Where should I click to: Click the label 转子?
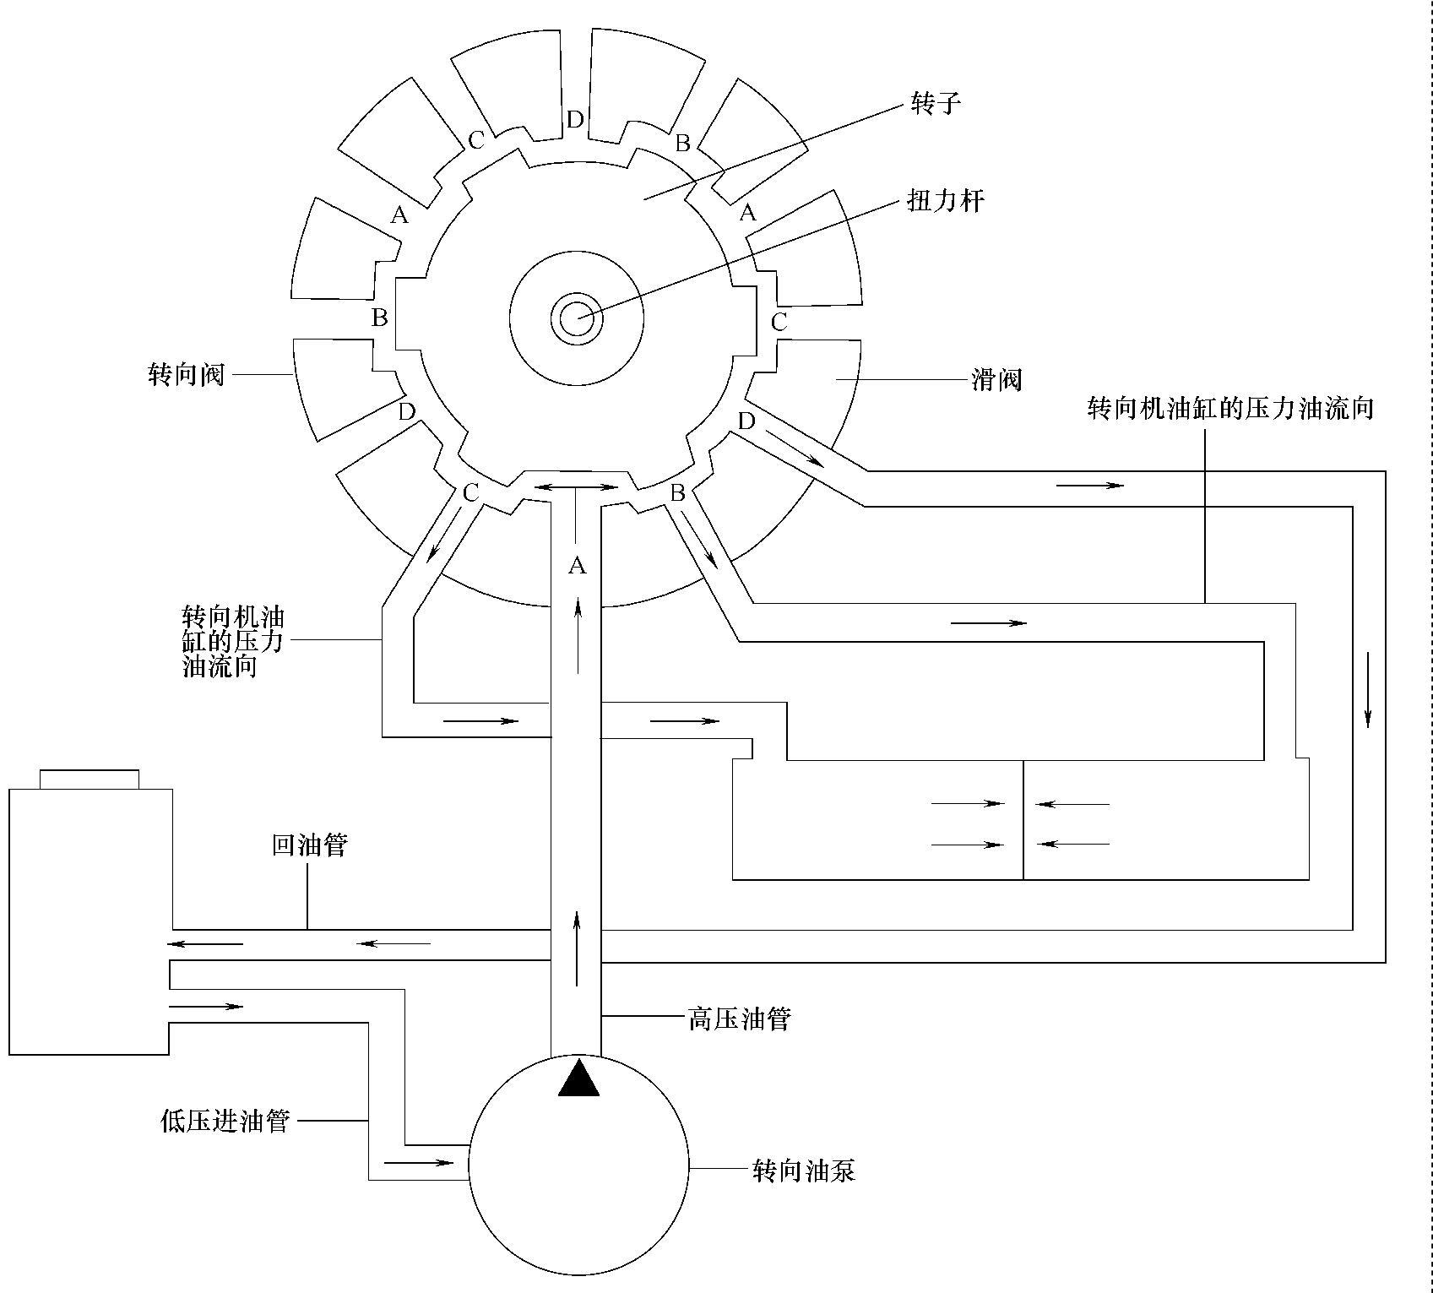tap(936, 104)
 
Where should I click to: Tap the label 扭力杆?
tap(945, 201)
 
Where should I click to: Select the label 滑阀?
tap(996, 380)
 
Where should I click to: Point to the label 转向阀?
tap(186, 374)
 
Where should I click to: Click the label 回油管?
tap(309, 845)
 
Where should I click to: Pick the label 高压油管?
tap(739, 1019)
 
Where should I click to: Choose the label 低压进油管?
tap(225, 1121)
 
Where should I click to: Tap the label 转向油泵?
tap(804, 1171)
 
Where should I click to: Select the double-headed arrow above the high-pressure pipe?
tap(578, 487)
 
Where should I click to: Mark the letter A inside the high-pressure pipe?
tap(577, 566)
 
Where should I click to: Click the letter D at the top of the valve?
tap(574, 120)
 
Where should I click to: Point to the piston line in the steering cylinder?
tap(1023, 820)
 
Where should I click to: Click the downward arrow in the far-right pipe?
tap(1368, 689)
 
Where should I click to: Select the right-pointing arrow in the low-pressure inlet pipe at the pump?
tap(419, 1162)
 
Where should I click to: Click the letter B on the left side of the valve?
tap(380, 318)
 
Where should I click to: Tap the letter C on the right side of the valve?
tap(779, 322)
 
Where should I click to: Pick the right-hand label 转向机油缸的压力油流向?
tap(1230, 409)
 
